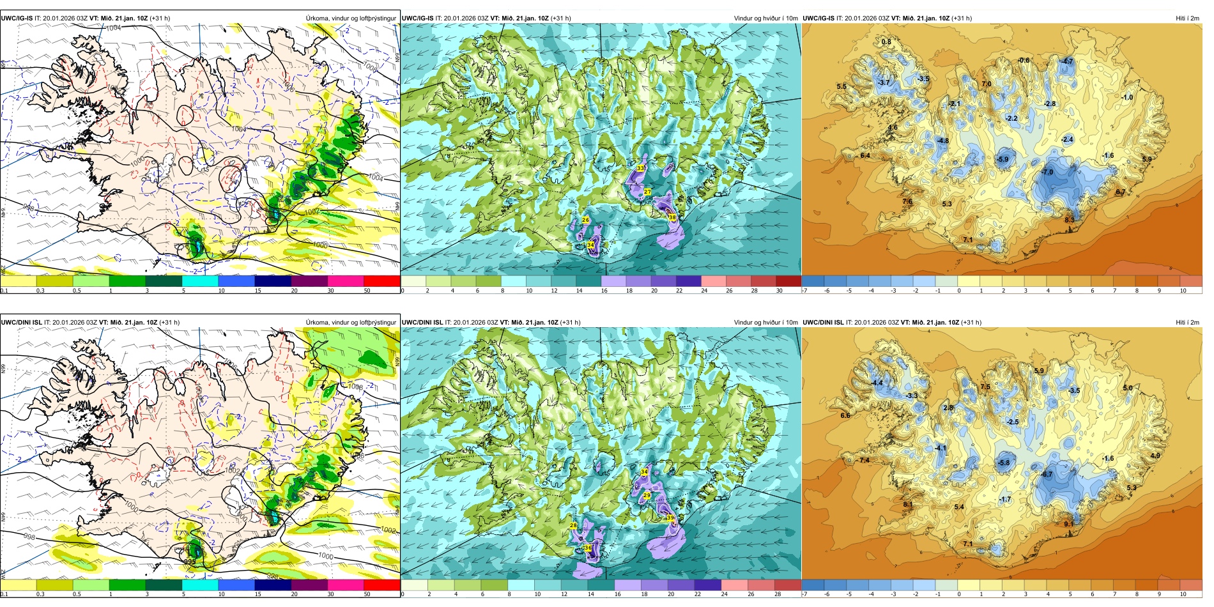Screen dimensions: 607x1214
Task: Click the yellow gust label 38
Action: [x=672, y=217]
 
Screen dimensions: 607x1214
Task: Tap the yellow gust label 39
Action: [x=670, y=518]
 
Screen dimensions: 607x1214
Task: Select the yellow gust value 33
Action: [x=640, y=168]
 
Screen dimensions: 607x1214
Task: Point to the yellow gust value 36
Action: [x=587, y=548]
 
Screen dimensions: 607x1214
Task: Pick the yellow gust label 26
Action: [x=585, y=220]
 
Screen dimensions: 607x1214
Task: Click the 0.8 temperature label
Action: [x=886, y=42]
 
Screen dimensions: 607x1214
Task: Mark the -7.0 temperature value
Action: [x=1047, y=173]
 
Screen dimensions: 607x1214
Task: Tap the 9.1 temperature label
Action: [x=1069, y=524]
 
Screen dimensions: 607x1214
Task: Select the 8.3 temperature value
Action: [x=1069, y=220]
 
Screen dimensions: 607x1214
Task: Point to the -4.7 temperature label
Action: [x=1067, y=61]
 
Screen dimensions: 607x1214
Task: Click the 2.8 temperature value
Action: [x=948, y=408]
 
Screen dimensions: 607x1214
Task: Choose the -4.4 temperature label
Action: [x=877, y=383]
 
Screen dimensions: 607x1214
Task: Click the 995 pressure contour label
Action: [x=190, y=562]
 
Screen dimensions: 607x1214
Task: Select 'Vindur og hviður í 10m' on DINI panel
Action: [x=765, y=323]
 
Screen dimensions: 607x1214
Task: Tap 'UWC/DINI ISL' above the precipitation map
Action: [x=22, y=323]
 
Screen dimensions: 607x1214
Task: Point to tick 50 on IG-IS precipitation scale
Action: [x=367, y=291]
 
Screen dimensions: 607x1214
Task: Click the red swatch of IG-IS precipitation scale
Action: [x=381, y=280]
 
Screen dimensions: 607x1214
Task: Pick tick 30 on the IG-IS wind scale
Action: [x=779, y=291]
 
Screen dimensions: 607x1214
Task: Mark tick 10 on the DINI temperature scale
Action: [x=1183, y=594]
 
